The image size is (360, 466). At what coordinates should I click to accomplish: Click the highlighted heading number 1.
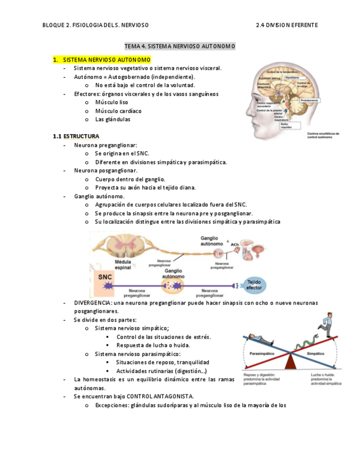55,59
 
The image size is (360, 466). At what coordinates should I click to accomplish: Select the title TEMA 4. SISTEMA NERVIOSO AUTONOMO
180,47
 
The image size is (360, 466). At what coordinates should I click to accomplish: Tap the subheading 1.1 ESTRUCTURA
76,136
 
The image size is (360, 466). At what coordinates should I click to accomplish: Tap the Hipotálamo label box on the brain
291,79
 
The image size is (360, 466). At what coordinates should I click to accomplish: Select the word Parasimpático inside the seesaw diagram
262,354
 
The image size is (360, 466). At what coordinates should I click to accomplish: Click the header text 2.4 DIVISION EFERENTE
286,25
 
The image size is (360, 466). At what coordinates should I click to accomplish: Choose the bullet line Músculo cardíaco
118,110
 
